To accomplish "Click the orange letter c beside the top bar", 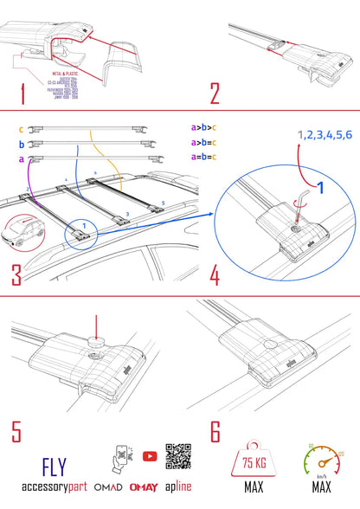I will [22, 130].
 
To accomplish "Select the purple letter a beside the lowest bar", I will [22, 160].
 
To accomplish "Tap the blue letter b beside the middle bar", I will [22, 145].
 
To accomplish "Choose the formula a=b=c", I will [204, 157].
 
